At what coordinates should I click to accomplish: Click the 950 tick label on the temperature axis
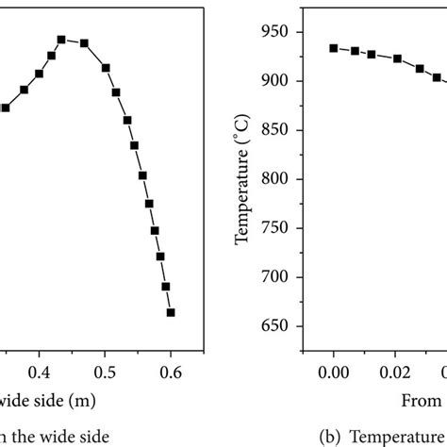278,32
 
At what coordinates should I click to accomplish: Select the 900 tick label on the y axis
278,81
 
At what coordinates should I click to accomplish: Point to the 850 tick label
278,130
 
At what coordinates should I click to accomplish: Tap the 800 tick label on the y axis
278,179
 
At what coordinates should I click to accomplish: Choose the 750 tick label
278,228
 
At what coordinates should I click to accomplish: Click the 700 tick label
278,277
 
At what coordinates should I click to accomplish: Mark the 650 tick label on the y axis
278,326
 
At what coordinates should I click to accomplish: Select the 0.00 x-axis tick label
334,372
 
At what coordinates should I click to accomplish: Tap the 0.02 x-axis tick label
397,372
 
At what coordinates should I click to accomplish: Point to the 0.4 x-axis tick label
39,372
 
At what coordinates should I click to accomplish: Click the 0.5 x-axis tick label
105,372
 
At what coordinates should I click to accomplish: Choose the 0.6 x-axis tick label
171,372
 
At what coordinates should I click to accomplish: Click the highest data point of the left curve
61,40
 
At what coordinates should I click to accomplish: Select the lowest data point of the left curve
171,312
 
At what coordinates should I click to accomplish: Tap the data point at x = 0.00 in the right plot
334,48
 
